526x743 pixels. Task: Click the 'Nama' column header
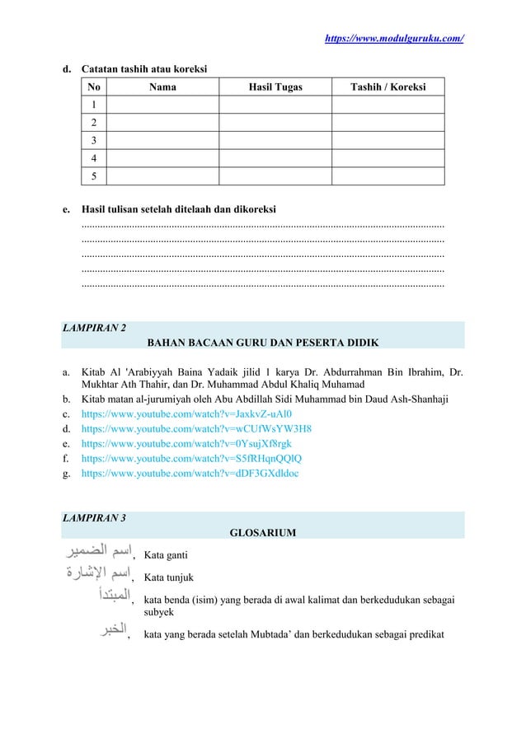pyautogui.click(x=162, y=86)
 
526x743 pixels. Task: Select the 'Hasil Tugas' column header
pyautogui.click(x=275, y=86)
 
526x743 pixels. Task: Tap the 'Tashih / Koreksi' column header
pyautogui.click(x=387, y=86)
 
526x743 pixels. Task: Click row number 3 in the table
pyautogui.click(x=95, y=140)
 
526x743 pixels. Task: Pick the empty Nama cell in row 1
pyautogui.click(x=162, y=105)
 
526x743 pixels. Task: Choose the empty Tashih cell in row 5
pyautogui.click(x=387, y=176)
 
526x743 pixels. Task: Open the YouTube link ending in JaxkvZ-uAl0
pyautogui.click(x=187, y=414)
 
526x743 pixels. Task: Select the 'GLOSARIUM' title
pyautogui.click(x=262, y=534)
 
